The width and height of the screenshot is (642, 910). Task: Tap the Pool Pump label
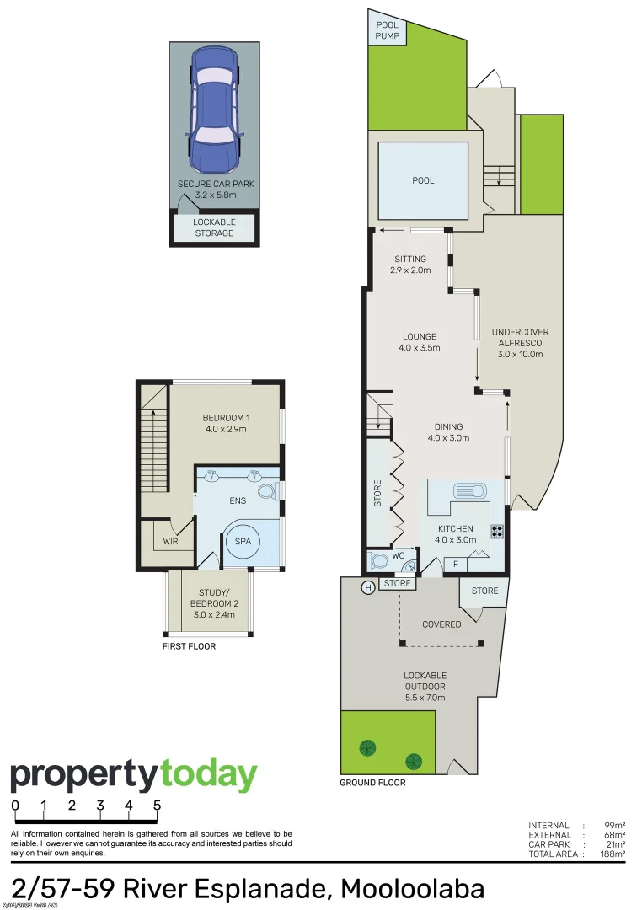pyautogui.click(x=387, y=32)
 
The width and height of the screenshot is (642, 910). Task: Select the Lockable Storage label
pyautogui.click(x=214, y=227)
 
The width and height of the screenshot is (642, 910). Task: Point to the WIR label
pyautogui.click(x=171, y=541)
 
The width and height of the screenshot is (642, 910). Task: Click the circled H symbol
pyautogui.click(x=367, y=588)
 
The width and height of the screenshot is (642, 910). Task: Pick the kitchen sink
pyautogui.click(x=468, y=490)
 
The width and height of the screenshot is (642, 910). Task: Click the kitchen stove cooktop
pyautogui.click(x=497, y=532)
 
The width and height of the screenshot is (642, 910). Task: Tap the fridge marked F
pyautogui.click(x=456, y=564)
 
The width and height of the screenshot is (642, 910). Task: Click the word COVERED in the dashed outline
pyautogui.click(x=441, y=624)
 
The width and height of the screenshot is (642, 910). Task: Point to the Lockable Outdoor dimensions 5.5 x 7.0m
pyautogui.click(x=425, y=697)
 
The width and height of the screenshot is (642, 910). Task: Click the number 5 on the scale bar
pyautogui.click(x=157, y=806)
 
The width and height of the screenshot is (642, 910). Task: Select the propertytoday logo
pyautogui.click(x=133, y=775)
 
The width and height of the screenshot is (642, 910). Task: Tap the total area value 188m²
pyautogui.click(x=613, y=854)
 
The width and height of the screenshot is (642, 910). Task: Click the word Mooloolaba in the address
pyautogui.click(x=412, y=889)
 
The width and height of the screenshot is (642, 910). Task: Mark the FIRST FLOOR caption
pyautogui.click(x=189, y=646)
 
